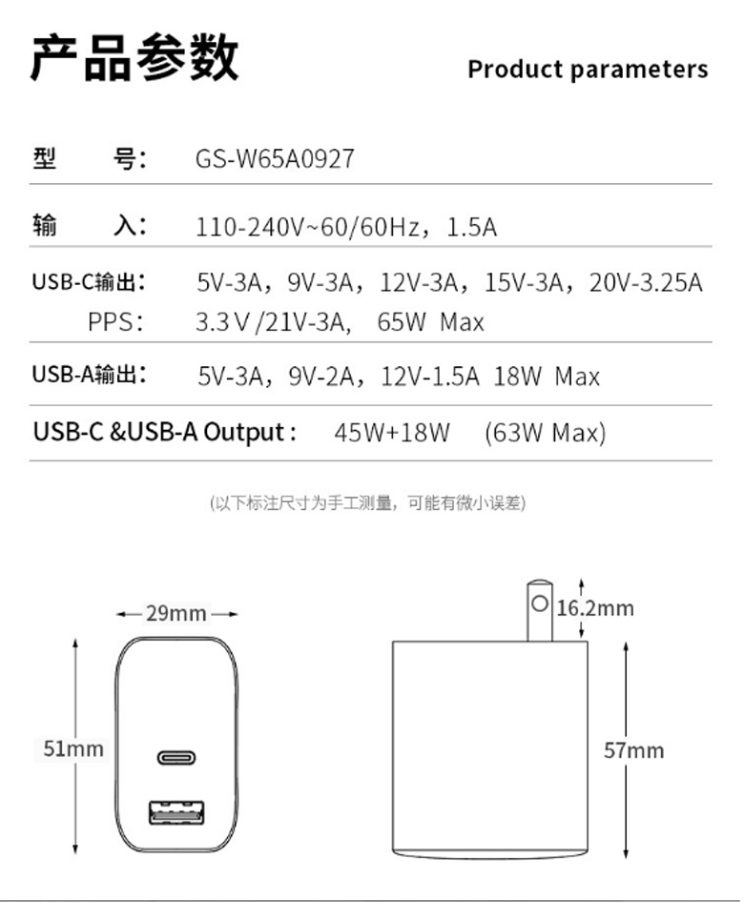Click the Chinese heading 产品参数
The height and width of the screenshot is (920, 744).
click(134, 57)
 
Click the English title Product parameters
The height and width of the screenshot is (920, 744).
click(588, 70)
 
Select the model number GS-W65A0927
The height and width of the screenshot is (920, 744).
click(275, 159)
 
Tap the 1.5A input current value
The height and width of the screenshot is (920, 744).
click(472, 227)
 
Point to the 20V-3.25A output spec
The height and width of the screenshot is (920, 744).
click(646, 283)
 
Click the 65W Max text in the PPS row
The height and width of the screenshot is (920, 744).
click(430, 322)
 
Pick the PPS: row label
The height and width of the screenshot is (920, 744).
click(115, 322)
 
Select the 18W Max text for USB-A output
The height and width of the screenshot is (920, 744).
click(547, 377)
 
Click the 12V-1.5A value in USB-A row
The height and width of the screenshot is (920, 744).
click(430, 377)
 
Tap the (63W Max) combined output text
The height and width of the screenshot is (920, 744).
click(545, 433)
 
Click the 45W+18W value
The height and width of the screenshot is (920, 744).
click(392, 433)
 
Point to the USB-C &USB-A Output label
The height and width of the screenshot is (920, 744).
click(165, 433)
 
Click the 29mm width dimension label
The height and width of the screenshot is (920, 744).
click(176, 614)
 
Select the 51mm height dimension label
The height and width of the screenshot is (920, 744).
click(73, 749)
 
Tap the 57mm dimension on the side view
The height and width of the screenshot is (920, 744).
click(634, 750)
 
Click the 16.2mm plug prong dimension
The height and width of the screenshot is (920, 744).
click(595, 608)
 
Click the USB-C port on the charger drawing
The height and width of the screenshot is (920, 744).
click(176, 758)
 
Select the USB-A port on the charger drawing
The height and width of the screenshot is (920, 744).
click(176, 812)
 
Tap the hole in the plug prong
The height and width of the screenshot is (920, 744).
click(540, 603)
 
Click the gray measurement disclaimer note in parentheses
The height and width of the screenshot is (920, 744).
click(367, 502)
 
